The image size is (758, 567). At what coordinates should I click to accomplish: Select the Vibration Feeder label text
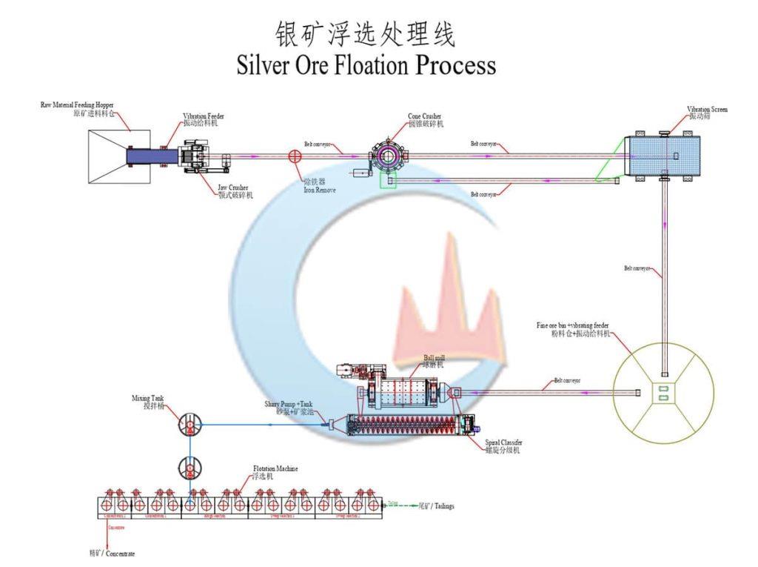click(x=204, y=119)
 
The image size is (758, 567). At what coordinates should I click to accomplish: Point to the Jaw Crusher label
click(x=233, y=191)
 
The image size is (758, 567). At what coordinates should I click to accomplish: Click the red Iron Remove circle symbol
click(x=295, y=156)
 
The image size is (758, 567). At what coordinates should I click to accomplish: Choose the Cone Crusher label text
click(x=426, y=119)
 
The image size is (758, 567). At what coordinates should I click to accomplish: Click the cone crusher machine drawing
click(x=386, y=156)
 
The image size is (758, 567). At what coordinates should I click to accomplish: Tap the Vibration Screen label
click(x=707, y=112)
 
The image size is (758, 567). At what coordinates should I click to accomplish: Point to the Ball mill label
click(x=434, y=360)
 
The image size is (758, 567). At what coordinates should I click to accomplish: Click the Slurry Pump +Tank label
click(x=294, y=407)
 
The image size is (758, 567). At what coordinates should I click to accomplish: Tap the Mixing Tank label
click(x=147, y=401)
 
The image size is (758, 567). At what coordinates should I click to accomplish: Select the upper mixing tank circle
click(x=190, y=425)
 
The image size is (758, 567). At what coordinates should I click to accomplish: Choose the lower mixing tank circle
click(x=190, y=468)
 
